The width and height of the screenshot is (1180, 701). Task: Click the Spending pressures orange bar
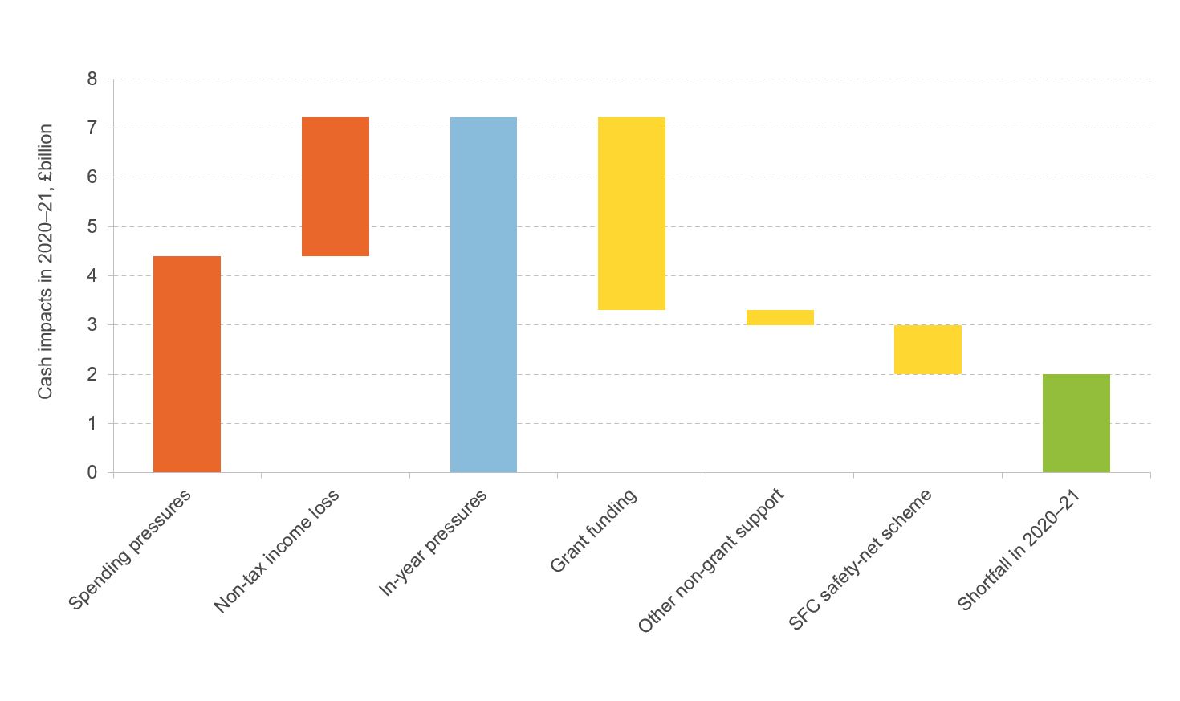coord(186,364)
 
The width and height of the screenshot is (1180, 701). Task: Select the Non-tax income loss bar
coord(335,186)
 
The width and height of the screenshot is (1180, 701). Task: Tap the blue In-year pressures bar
coord(483,295)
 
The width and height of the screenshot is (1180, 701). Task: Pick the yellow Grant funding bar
coord(632,214)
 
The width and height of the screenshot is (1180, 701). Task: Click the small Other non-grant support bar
coord(779,317)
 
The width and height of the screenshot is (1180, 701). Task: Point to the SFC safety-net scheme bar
coord(927,349)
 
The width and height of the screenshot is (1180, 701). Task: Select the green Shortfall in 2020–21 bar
coord(1076,423)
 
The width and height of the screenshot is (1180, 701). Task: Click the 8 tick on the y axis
coord(92,79)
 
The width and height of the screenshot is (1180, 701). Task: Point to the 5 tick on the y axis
coord(92,227)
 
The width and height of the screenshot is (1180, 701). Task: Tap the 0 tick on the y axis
coord(92,473)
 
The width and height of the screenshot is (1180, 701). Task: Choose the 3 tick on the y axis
coord(92,325)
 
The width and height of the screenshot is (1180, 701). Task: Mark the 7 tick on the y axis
coord(92,128)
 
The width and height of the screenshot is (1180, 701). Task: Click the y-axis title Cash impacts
coord(46,262)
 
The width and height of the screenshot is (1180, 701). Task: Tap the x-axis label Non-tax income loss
coord(277,551)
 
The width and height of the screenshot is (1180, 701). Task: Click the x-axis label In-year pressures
coord(433,543)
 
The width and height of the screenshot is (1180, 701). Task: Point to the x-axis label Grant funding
coord(593,530)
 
